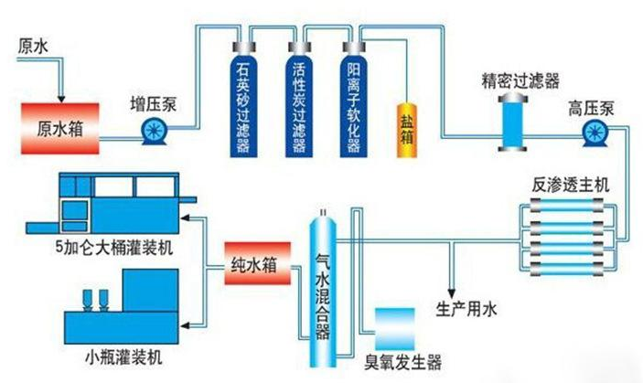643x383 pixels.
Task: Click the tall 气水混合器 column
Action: (x=322, y=283)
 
